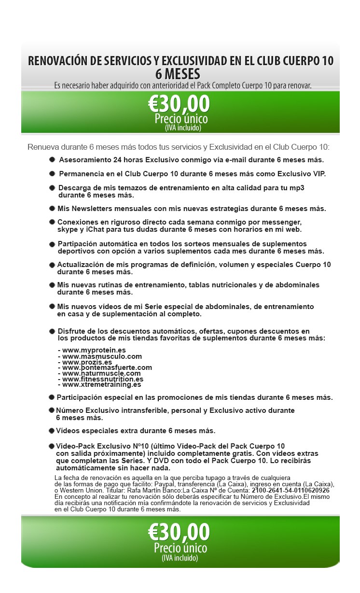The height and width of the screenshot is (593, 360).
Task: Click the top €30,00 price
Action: [x=179, y=104]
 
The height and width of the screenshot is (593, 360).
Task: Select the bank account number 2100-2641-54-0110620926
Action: [x=291, y=490]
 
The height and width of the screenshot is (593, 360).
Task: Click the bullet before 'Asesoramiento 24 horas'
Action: [x=52, y=159]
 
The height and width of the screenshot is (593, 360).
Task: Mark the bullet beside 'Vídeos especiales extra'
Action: [x=51, y=430]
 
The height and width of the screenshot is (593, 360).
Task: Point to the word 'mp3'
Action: [x=300, y=187]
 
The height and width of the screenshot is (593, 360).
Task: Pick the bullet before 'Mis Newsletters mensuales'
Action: [x=52, y=209]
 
